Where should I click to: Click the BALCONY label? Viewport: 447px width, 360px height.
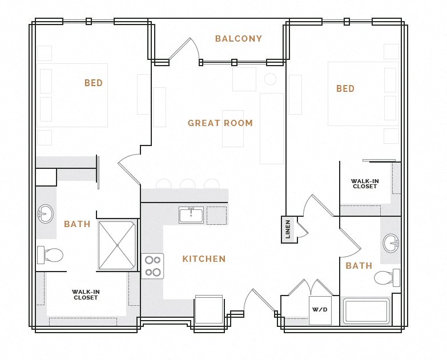(x=238, y=39)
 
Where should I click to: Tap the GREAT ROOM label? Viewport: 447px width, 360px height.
(x=220, y=123)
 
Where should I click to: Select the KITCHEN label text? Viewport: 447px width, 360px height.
(x=204, y=259)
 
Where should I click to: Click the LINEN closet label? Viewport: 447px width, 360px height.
(x=288, y=229)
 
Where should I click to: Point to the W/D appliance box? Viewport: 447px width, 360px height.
(x=320, y=310)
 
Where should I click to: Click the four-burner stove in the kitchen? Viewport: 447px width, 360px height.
(x=152, y=266)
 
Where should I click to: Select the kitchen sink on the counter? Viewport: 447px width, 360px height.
(x=191, y=215)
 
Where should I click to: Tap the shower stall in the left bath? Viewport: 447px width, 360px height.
(x=117, y=245)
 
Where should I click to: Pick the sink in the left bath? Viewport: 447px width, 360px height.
(x=46, y=214)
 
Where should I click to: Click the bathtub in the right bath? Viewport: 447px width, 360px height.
(x=366, y=312)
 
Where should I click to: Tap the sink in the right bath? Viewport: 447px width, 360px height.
(x=392, y=242)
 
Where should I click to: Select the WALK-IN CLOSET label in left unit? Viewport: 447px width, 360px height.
(x=86, y=295)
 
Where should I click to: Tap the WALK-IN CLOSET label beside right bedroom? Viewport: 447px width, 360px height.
(x=365, y=184)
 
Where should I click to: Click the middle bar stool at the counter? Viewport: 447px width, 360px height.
(x=187, y=184)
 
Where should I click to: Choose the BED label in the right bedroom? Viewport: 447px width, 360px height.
(x=345, y=89)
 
